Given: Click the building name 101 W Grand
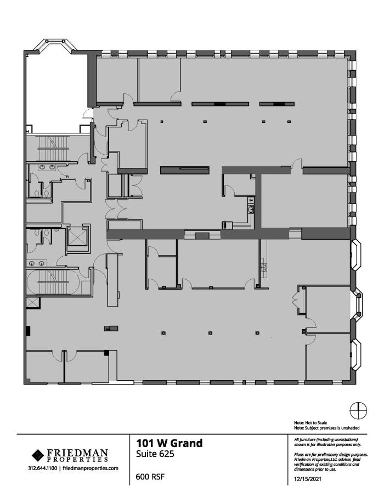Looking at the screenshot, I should point(169,443).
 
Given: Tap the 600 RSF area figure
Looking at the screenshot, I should point(150,477).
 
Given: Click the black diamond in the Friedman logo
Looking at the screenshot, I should point(39,455).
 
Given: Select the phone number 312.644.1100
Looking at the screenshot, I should point(43,468).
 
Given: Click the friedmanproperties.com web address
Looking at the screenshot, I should point(91,468).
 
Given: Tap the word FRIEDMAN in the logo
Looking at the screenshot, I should point(77,453).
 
